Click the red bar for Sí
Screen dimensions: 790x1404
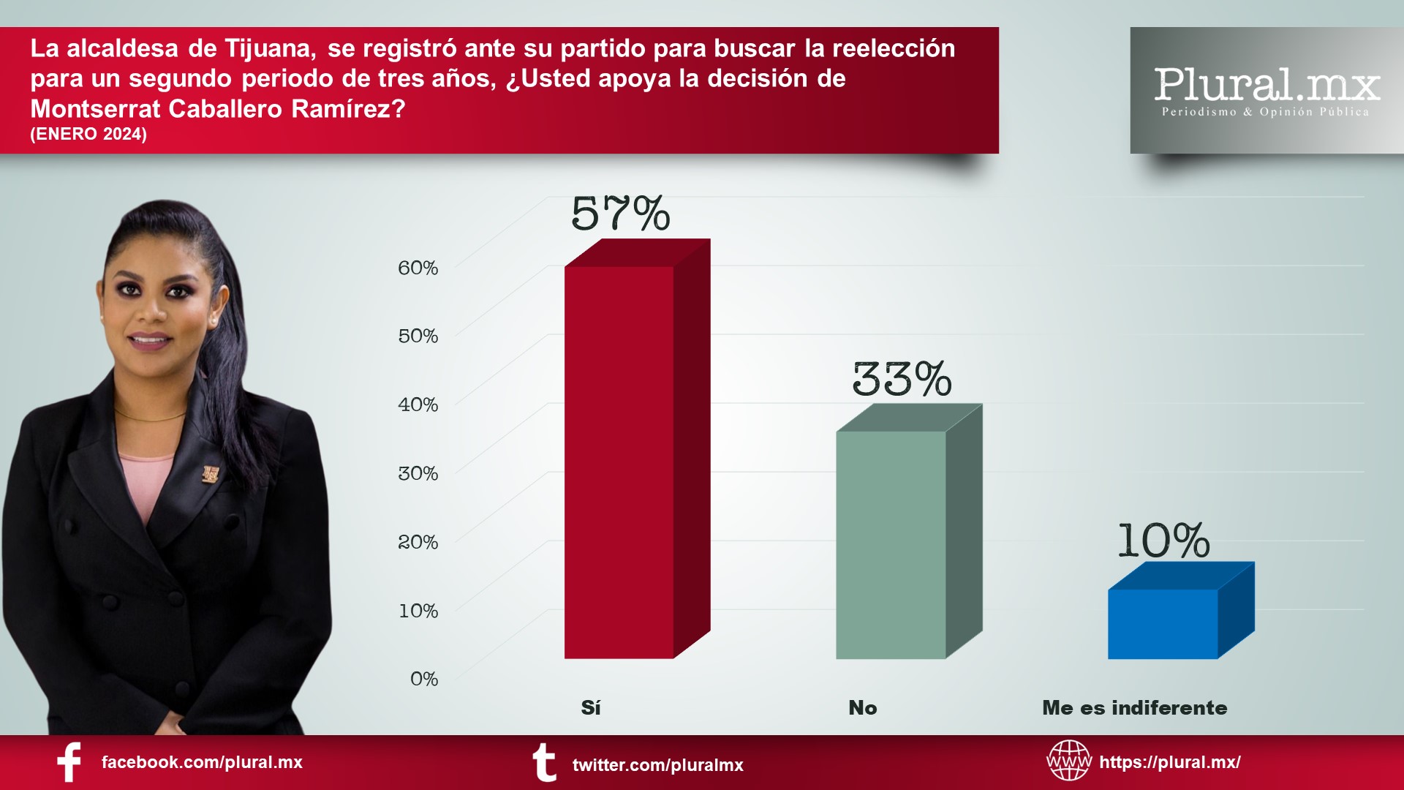(619, 461)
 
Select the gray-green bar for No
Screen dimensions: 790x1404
(891, 544)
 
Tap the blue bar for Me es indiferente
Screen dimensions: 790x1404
(1163, 623)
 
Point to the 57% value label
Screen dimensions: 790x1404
(620, 214)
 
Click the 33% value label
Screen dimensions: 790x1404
(902, 379)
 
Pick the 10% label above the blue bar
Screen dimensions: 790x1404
(1163, 541)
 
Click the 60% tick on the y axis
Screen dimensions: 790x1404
(418, 268)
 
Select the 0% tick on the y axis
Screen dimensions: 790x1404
(424, 679)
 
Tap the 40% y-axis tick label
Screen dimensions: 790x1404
(418, 405)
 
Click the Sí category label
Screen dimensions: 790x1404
(591, 707)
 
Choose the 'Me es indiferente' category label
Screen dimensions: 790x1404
(1134, 707)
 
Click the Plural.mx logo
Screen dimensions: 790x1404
(1267, 90)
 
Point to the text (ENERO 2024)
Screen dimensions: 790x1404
(88, 134)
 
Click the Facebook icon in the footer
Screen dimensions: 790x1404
(69, 762)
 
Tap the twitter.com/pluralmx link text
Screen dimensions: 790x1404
(657, 765)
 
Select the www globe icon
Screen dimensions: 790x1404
(1068, 760)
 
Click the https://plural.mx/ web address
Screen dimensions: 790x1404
(1170, 762)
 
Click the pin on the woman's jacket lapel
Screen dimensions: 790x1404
(211, 474)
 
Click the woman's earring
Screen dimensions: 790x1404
(213, 320)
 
